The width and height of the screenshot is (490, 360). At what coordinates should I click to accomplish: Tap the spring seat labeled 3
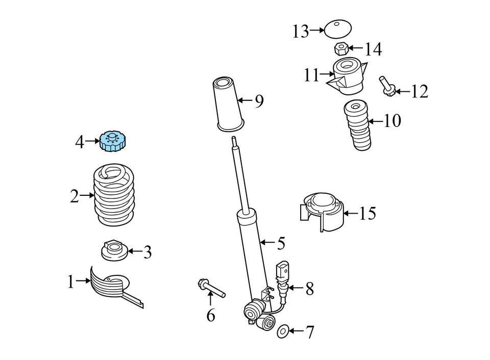(113, 250)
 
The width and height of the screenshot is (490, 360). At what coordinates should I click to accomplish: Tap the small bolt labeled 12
(386, 87)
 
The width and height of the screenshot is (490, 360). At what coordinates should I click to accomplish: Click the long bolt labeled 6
(211, 288)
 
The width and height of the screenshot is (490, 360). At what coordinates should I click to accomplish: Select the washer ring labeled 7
(282, 332)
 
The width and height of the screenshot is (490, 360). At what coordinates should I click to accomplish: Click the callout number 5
(281, 244)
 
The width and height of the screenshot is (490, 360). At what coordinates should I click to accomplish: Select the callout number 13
(300, 32)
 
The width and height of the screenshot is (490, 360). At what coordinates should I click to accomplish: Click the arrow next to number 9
(245, 101)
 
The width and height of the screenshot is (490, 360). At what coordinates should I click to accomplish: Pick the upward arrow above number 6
(210, 297)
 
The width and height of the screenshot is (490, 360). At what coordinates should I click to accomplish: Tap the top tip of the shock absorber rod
(233, 139)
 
